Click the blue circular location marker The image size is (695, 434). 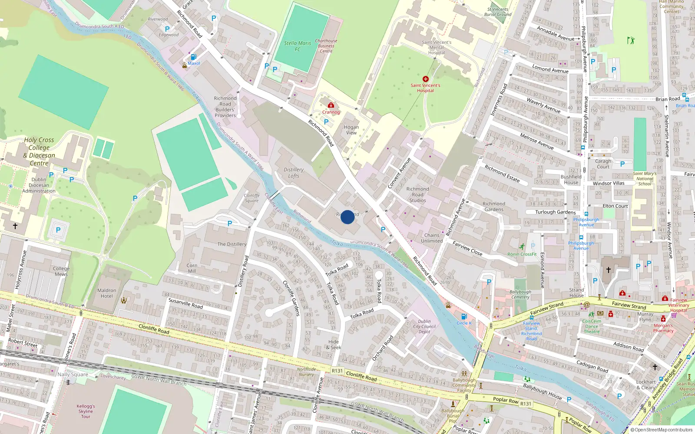click(347, 217)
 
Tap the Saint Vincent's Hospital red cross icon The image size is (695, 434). click(425, 79)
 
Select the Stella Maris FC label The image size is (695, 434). click(298, 46)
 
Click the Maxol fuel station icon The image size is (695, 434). click(193, 57)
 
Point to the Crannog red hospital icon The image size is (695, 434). click(331, 105)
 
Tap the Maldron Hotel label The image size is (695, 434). click(107, 293)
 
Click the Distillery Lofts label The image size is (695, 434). click(294, 173)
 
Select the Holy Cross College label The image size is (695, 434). click(39, 151)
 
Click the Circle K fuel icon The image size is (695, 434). click(463, 316)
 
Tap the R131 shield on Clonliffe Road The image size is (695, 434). click(337, 371)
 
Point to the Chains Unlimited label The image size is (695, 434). click(432, 238)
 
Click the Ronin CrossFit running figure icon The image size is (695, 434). click(522, 247)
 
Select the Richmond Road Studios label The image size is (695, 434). click(417, 194)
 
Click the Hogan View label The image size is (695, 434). click(351, 130)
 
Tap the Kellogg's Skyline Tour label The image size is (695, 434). click(86, 411)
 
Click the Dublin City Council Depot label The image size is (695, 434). click(424, 326)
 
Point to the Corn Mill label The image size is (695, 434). click(192, 268)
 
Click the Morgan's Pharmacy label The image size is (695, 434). click(663, 328)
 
